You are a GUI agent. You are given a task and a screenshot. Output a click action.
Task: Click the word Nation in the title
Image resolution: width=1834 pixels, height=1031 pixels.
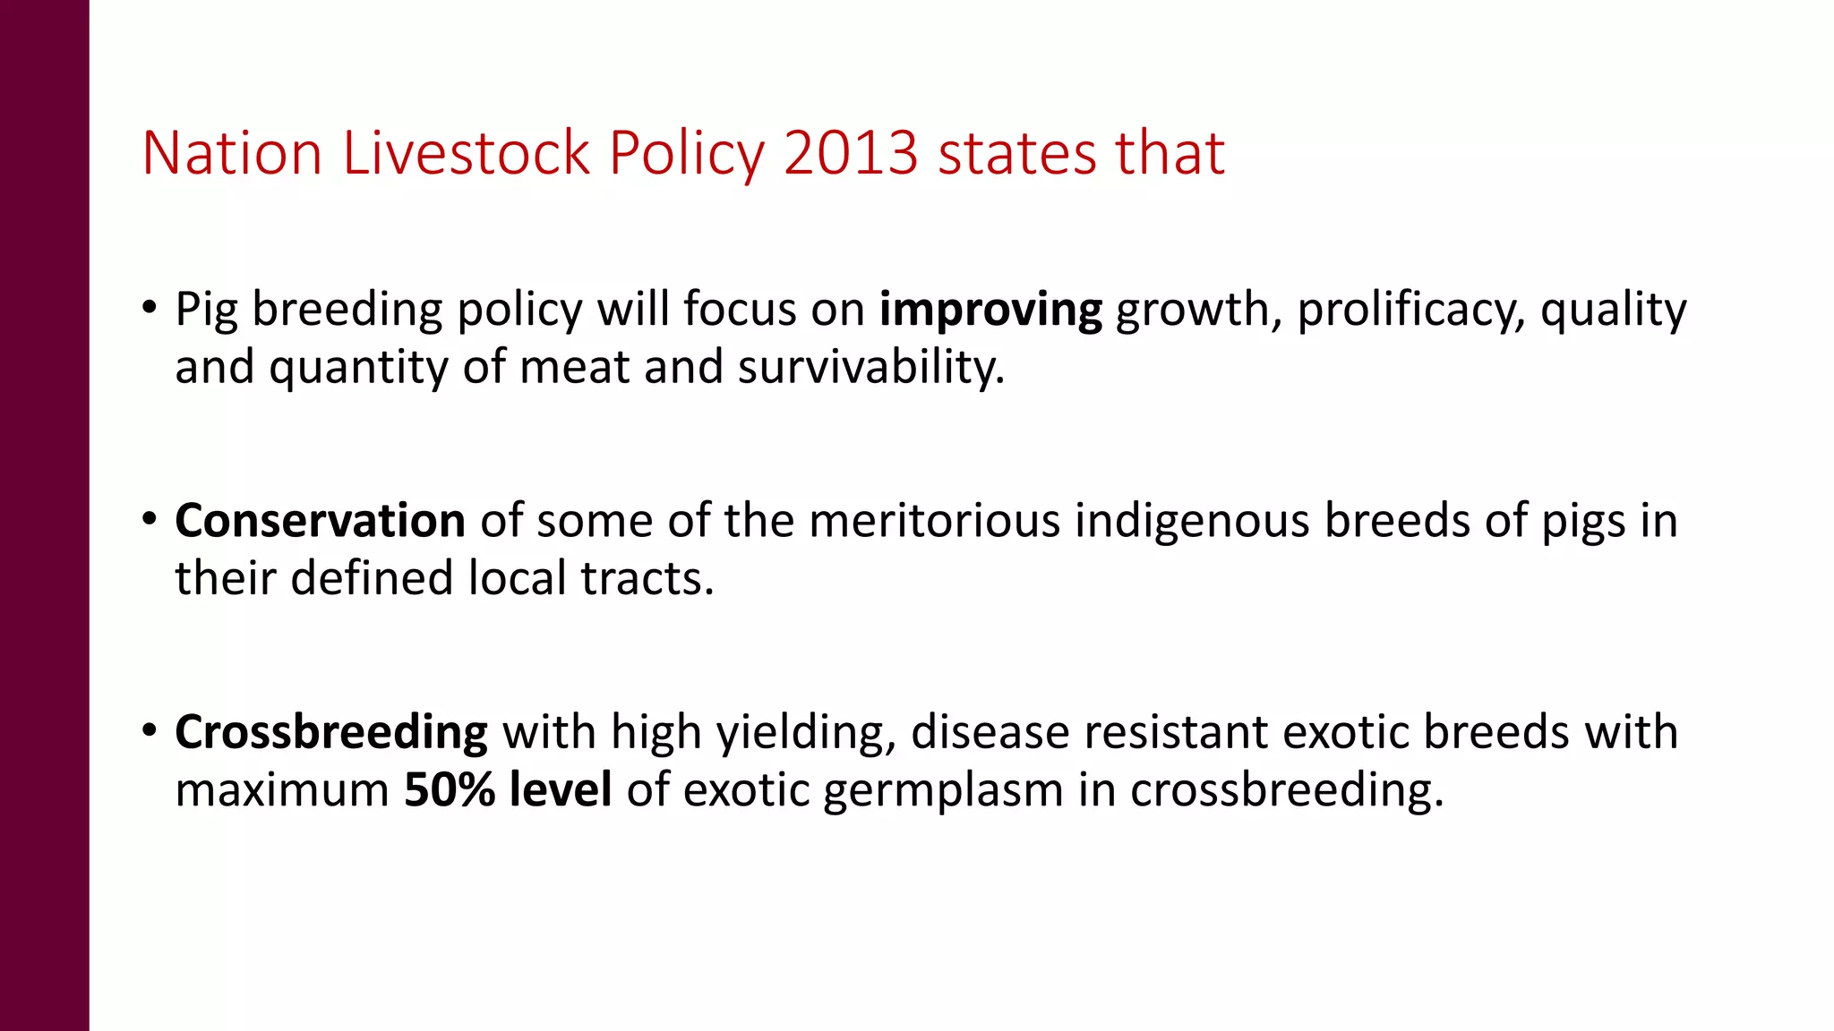(232, 153)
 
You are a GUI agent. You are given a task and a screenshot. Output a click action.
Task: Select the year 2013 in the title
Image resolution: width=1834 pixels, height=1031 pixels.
(851, 153)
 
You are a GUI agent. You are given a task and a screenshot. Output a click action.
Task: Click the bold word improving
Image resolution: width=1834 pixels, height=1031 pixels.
(990, 311)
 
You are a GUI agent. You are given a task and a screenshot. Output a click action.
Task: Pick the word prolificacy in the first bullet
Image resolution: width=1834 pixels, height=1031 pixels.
(1410, 311)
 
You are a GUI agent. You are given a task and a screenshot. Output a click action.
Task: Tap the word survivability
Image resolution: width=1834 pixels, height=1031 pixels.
(870, 367)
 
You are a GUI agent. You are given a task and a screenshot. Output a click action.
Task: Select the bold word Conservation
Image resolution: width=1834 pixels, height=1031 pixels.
(320, 521)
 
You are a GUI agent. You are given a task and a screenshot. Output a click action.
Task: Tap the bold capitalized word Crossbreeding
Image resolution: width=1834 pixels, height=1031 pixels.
(331, 733)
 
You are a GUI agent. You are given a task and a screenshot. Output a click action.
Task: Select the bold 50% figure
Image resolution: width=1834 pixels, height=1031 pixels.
(450, 789)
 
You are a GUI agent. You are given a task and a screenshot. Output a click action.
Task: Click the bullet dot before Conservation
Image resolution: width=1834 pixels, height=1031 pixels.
(150, 519)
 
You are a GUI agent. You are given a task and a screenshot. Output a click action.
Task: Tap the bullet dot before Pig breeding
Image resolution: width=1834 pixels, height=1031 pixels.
(150, 308)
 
